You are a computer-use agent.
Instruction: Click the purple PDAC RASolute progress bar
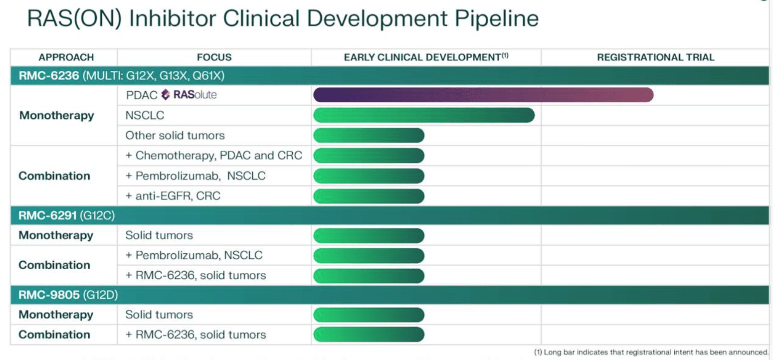coord(483,95)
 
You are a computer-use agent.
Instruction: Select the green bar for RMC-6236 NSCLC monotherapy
coord(423,115)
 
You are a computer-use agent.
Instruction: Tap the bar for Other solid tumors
coord(369,135)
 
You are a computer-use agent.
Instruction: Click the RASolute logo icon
coord(166,94)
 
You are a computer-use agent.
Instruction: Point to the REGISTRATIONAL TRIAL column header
coord(655,57)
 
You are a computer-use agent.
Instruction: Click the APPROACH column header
coord(66,57)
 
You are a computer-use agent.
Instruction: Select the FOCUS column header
coord(214,57)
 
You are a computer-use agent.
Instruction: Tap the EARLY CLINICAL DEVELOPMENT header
coord(425,57)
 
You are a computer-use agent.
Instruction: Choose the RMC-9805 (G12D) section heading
coord(68,295)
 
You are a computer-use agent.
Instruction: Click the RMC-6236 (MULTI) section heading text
coord(121,76)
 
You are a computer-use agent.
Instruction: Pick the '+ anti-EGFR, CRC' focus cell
coord(173,196)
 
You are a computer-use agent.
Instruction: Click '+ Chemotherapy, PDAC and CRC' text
coord(213,156)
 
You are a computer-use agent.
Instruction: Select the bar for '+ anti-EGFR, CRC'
coord(369,196)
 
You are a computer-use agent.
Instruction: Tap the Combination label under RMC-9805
coord(54,335)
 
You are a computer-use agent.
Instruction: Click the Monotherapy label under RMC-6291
coord(56,235)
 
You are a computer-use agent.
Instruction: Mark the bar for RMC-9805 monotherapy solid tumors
coord(369,315)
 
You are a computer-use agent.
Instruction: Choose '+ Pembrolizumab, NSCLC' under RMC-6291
coord(194,255)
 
